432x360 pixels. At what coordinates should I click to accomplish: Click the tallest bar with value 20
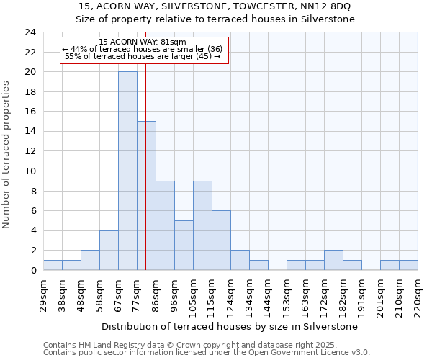click(127, 171)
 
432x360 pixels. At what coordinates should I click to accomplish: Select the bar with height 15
click(146, 196)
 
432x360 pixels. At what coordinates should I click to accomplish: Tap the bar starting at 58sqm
click(109, 250)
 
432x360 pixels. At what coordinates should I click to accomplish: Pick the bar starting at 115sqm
click(221, 240)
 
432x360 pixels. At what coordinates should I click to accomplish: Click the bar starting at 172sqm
click(333, 260)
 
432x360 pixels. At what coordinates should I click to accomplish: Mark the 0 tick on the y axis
click(33, 271)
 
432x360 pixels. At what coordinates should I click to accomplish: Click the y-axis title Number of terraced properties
click(7, 155)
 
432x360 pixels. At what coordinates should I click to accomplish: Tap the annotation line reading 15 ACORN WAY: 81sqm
click(143, 42)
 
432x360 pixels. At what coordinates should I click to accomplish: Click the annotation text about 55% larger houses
click(143, 55)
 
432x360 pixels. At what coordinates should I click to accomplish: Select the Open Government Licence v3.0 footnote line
click(207, 352)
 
